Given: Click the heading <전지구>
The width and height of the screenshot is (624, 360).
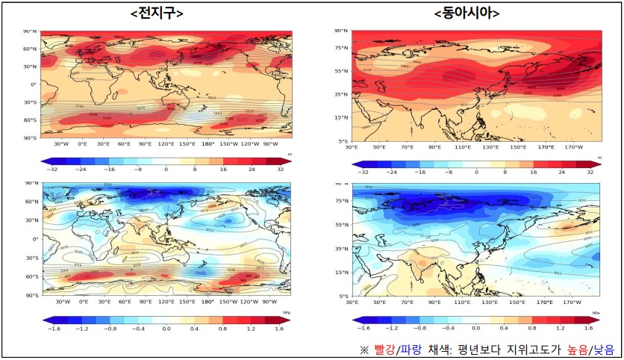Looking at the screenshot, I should (156, 13).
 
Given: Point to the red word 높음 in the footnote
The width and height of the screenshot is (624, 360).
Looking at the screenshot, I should (575, 350).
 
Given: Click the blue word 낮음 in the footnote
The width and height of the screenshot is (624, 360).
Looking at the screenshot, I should (604, 350).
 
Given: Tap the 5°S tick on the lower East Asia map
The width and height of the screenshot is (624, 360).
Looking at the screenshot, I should (343, 296).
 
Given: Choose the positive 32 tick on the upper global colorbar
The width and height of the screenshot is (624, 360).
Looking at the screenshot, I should (281, 170).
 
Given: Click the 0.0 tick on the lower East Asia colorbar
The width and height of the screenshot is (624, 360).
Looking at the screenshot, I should (476, 329).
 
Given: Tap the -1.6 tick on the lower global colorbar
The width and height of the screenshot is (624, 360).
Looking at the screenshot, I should (53, 329).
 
